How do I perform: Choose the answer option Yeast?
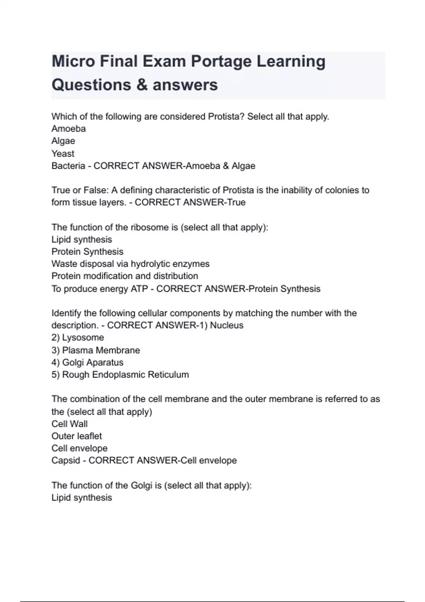[x=63, y=153]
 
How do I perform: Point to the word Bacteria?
[x=68, y=166]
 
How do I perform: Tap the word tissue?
[x=84, y=203]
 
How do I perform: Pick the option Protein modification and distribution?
[x=125, y=276]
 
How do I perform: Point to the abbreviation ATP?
[x=139, y=289]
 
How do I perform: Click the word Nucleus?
[x=227, y=325]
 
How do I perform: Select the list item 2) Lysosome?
[x=78, y=337]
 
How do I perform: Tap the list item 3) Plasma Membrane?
[x=96, y=350]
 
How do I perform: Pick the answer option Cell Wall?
[x=69, y=424]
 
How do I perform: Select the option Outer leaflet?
[x=76, y=436]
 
